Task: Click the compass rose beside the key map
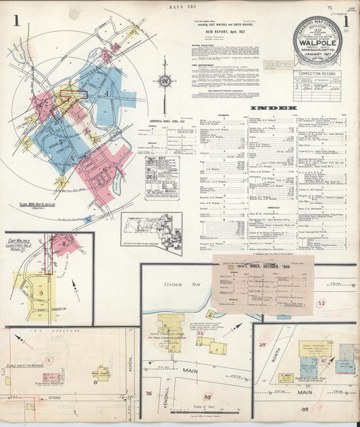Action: click(164, 83)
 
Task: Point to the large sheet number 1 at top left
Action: click(15, 20)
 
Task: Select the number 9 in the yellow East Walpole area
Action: click(41, 293)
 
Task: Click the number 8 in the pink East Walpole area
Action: click(63, 239)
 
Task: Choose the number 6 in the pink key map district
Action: click(105, 170)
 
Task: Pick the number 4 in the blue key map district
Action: click(106, 93)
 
